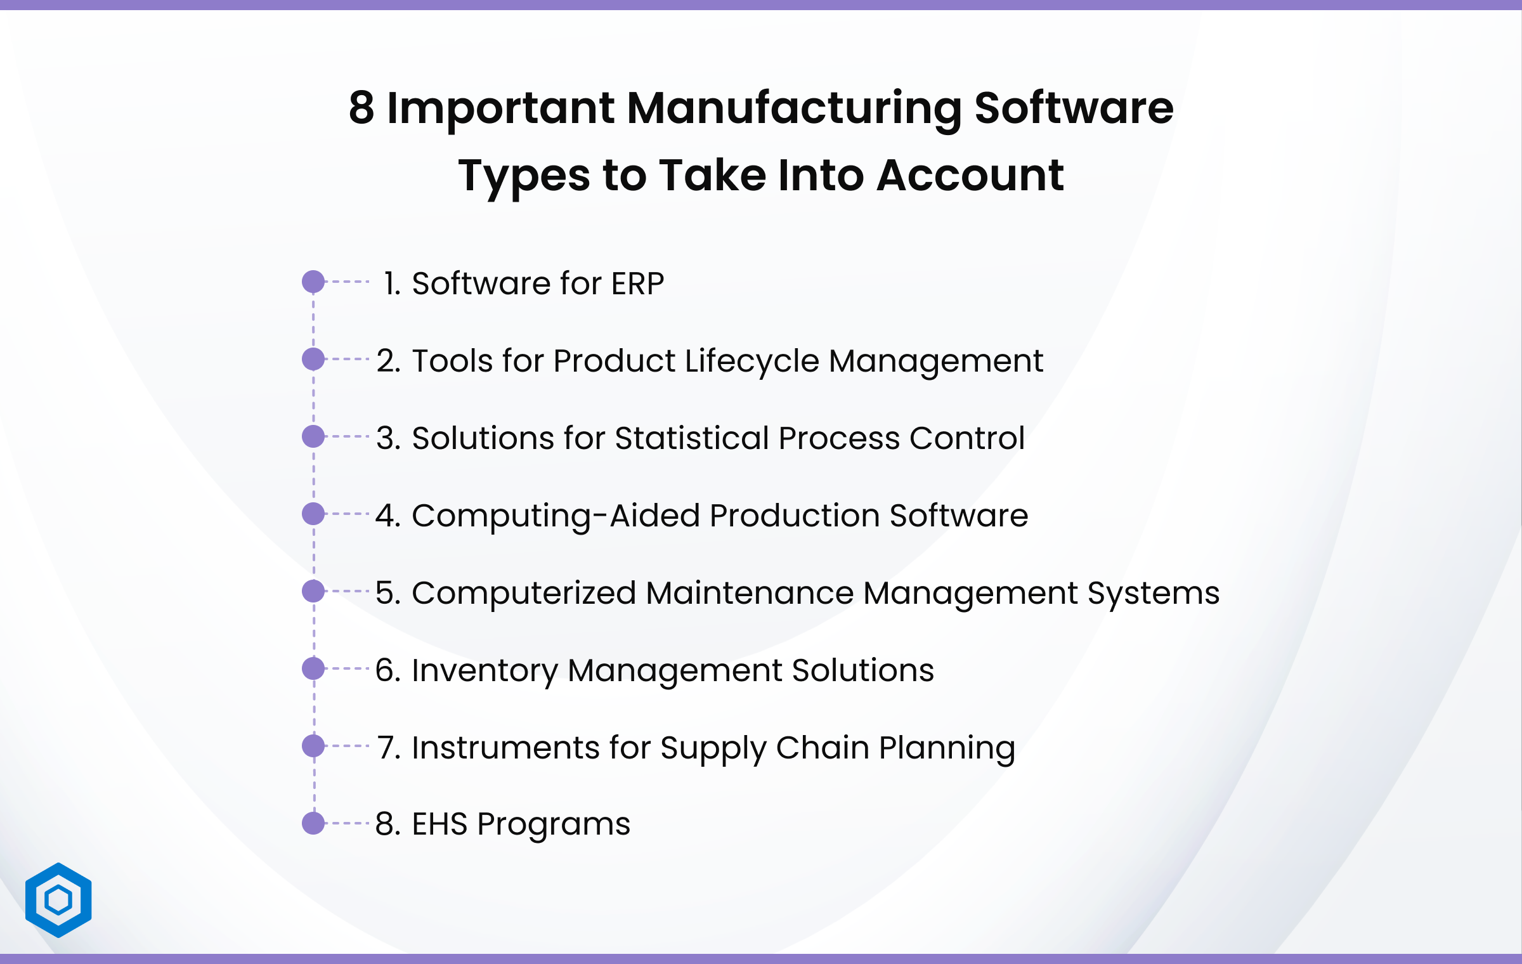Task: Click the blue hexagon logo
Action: point(58,900)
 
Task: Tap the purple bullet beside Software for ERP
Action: point(313,282)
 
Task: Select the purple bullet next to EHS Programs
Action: point(313,823)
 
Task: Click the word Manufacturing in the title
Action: point(794,109)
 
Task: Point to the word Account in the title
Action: point(970,175)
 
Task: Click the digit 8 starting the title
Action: point(361,108)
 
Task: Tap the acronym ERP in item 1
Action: point(637,283)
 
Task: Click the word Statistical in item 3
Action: point(692,438)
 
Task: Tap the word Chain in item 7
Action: point(823,748)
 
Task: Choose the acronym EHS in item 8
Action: point(439,824)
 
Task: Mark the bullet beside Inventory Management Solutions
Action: point(313,668)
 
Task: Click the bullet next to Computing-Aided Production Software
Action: point(313,514)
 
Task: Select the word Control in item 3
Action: point(967,438)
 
